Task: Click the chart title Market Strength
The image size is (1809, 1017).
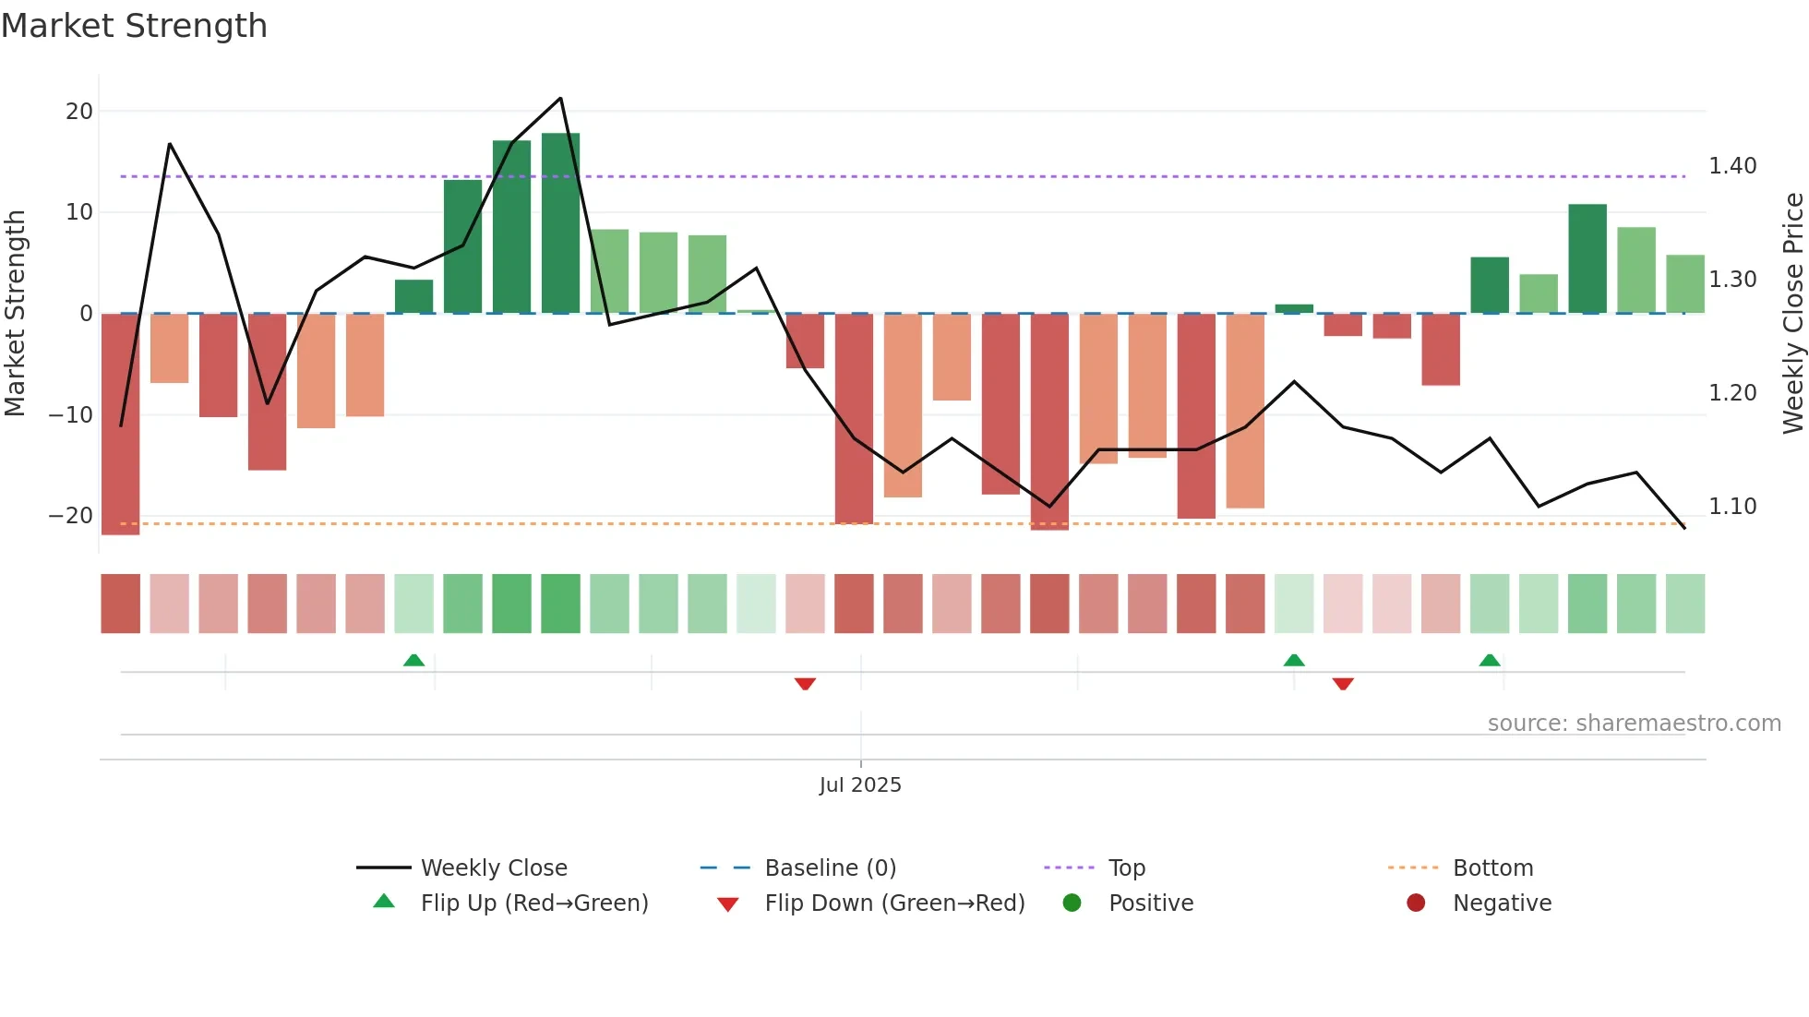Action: [x=134, y=26]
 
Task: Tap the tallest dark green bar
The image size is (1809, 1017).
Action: [x=560, y=223]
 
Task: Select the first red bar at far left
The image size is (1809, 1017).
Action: [x=120, y=424]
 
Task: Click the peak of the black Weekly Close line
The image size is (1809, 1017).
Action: [x=560, y=99]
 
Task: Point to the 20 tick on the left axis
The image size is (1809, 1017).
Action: [x=79, y=112]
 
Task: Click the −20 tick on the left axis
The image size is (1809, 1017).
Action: [x=71, y=516]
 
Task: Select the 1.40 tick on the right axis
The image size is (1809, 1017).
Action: [x=1732, y=166]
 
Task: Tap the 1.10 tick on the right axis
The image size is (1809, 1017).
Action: [x=1732, y=507]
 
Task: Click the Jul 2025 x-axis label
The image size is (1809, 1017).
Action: [x=860, y=785]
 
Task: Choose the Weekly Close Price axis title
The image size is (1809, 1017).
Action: [x=1792, y=313]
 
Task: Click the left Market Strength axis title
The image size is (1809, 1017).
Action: [x=16, y=313]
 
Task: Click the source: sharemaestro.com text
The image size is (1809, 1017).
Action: [x=1634, y=724]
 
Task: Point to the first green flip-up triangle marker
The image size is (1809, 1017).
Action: [x=413, y=660]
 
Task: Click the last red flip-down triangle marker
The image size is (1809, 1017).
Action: [x=1343, y=684]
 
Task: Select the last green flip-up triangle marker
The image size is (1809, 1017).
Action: [x=1489, y=660]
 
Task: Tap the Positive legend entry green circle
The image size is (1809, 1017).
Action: [x=1072, y=903]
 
